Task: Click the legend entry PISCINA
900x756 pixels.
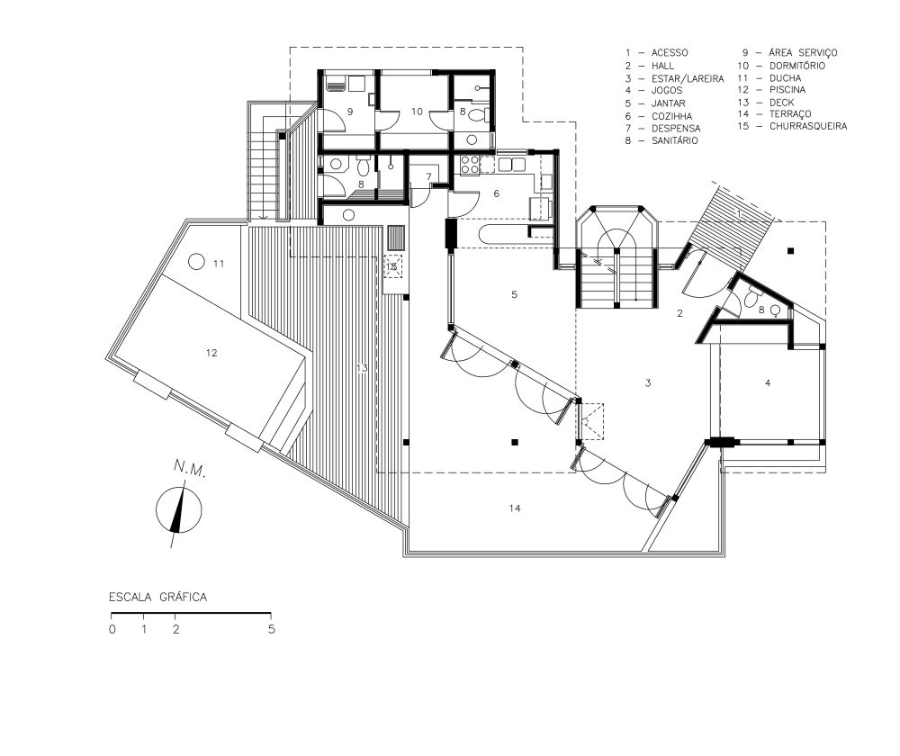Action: click(787, 89)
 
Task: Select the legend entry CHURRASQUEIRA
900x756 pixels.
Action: click(808, 126)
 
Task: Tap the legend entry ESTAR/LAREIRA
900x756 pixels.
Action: click(688, 78)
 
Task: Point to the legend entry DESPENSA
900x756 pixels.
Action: click(676, 128)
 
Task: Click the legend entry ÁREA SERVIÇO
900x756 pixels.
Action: click(803, 53)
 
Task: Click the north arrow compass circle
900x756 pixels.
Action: click(179, 509)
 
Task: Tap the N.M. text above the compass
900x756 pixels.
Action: click(189, 469)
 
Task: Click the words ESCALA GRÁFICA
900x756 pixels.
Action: click(157, 597)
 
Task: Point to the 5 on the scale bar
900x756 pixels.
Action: click(272, 629)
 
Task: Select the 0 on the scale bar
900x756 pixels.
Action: click(112, 629)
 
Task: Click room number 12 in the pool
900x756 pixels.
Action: click(211, 353)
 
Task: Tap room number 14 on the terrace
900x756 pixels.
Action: click(515, 508)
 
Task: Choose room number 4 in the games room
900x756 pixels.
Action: click(768, 382)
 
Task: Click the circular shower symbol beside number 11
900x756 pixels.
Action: click(196, 262)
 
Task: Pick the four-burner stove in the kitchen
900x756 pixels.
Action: click(470, 164)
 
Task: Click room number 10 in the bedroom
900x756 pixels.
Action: click(418, 112)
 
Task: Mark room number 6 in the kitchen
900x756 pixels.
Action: click(497, 193)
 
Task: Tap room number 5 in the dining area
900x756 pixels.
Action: click(514, 294)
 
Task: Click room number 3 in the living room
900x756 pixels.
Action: click(648, 382)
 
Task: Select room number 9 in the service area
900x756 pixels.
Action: click(349, 112)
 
